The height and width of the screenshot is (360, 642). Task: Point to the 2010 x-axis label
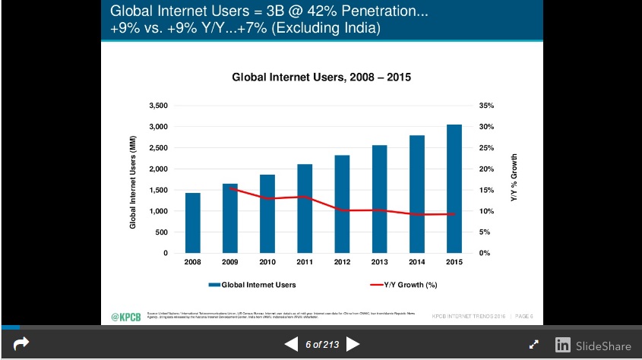pos(267,262)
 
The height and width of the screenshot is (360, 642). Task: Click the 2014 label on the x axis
pos(416,262)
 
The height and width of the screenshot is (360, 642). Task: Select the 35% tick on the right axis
pos(487,106)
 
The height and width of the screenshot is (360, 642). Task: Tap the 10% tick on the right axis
pos(487,211)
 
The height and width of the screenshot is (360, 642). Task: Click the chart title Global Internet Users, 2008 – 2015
pos(321,77)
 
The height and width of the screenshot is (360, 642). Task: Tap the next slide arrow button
pos(353,345)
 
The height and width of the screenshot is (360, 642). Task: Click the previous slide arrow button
pos(291,345)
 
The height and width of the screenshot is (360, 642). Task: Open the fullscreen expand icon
pos(534,345)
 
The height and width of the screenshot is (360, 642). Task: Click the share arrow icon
pos(21,344)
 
